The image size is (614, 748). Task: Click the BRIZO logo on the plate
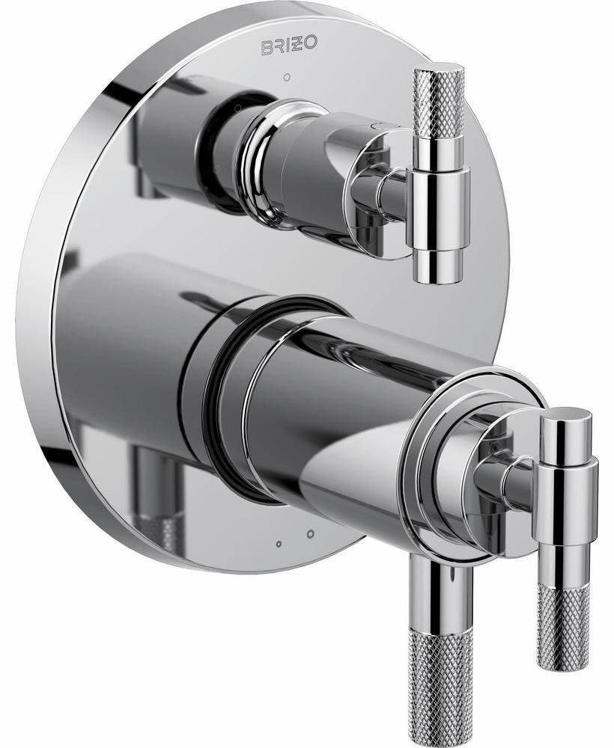click(288, 46)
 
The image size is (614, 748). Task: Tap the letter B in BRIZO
click(266, 46)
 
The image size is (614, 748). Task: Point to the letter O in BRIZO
click(310, 44)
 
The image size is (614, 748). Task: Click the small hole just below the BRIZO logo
click(287, 76)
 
